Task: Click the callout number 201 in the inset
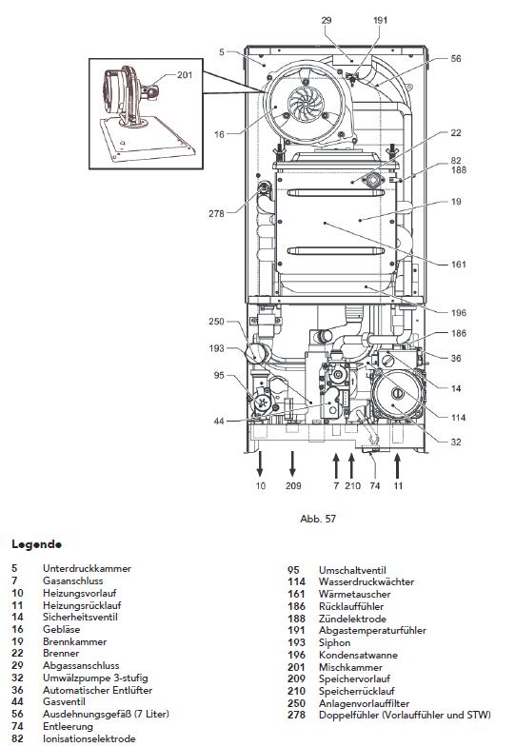[184, 74]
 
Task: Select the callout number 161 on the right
[459, 264]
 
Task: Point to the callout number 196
[459, 312]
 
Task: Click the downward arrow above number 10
[260, 463]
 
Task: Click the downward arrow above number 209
[292, 463]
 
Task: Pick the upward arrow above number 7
[336, 463]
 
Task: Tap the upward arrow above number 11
[398, 463]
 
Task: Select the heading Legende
[37, 545]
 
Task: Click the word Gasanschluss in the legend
[73, 580]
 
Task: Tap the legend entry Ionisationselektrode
[89, 738]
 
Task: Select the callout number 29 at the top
[327, 19]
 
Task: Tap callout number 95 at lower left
[219, 376]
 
